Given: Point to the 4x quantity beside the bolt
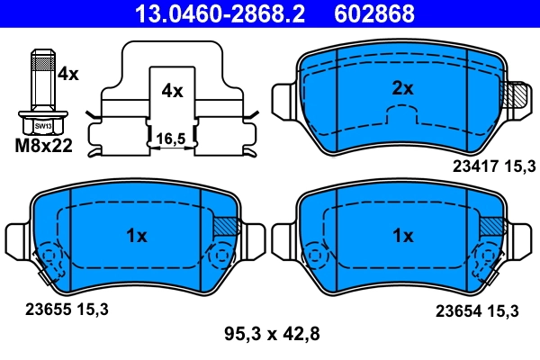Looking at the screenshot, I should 67,76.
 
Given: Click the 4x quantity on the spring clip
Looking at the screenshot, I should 172,91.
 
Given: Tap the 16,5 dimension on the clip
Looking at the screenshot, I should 170,138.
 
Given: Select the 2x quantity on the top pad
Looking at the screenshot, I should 401,88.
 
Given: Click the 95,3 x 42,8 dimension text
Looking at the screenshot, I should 271,335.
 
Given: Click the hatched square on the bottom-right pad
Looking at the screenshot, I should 491,227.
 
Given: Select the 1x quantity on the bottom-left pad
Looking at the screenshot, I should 135,237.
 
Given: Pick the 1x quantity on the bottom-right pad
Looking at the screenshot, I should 402,236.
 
